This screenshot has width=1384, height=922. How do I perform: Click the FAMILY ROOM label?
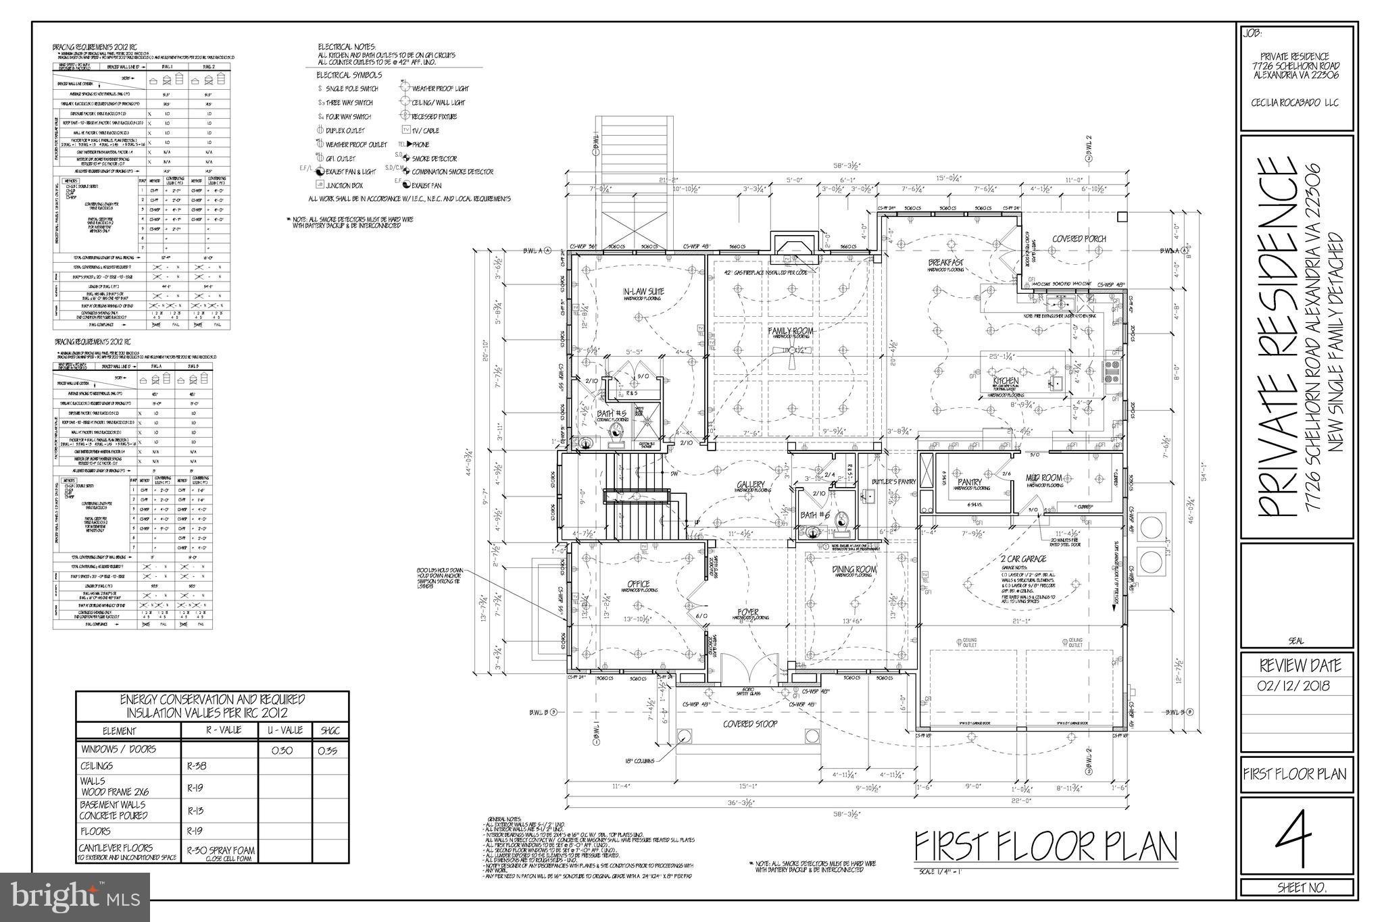click(x=790, y=332)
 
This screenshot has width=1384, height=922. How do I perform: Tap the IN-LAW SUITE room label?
click(x=643, y=292)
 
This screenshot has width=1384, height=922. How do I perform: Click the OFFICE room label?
click(x=638, y=584)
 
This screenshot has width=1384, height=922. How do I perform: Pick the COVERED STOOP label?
click(x=750, y=723)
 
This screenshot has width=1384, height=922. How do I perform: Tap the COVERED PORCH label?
click(x=1079, y=239)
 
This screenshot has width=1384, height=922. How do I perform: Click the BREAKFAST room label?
click(x=945, y=262)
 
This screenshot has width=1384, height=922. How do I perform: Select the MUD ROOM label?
click(x=1043, y=478)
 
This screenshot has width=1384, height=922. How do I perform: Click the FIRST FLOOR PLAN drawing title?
click(x=1045, y=846)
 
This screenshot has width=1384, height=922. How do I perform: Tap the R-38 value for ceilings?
click(x=198, y=767)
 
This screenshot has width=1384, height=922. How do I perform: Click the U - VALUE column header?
click(x=284, y=730)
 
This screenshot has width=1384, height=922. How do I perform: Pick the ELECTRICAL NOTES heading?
click(x=347, y=47)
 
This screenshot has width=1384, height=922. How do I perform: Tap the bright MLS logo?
click(x=74, y=897)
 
